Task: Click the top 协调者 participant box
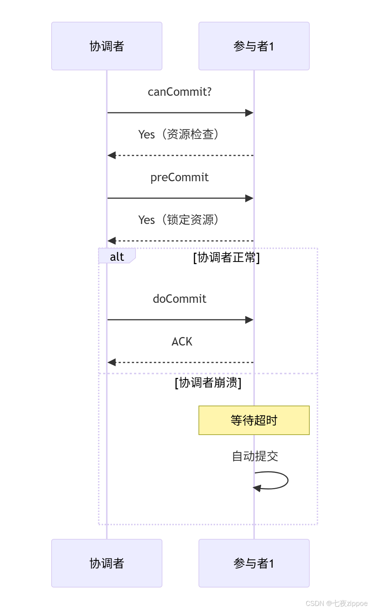coord(107,46)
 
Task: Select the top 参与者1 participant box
coord(254,46)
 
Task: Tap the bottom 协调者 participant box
coord(107,563)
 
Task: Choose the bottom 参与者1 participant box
coord(254,563)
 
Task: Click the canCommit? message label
coord(180,92)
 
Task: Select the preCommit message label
coord(180,177)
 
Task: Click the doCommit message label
coord(180,299)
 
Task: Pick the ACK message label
coord(182,341)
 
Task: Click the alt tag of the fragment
coord(117,256)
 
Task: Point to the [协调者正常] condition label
coord(226,257)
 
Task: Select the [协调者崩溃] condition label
coord(208,383)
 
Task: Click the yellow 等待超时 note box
coord(254,420)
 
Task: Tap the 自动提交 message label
coord(255,456)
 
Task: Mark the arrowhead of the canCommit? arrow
coord(249,113)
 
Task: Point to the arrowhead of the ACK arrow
coord(112,362)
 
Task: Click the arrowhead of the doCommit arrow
coord(249,320)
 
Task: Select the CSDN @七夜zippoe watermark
coord(337,603)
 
